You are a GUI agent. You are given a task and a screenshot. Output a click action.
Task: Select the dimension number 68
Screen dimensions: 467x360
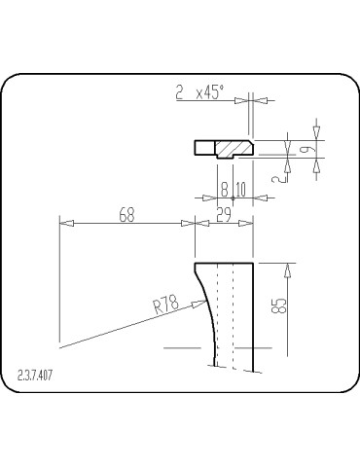[x=127, y=215]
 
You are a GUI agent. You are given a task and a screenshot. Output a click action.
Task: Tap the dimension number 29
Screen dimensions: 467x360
[x=223, y=215]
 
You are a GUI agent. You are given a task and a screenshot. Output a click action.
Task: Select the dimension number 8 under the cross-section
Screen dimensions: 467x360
[x=224, y=189]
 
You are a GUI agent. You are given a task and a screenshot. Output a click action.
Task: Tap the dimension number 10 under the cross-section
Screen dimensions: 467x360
[x=240, y=189]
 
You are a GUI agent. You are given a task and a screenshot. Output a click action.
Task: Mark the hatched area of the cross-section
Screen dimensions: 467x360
[x=234, y=148]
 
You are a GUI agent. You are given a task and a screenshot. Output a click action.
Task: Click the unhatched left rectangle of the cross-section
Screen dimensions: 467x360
[x=204, y=148]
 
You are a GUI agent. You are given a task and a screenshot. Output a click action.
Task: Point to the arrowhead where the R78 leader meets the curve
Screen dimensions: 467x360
[x=207, y=304]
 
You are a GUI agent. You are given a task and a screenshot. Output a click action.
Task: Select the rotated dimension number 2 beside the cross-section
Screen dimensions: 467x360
[x=282, y=176]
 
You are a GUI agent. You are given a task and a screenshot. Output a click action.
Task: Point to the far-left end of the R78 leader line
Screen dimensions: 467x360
[x=60, y=345]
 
